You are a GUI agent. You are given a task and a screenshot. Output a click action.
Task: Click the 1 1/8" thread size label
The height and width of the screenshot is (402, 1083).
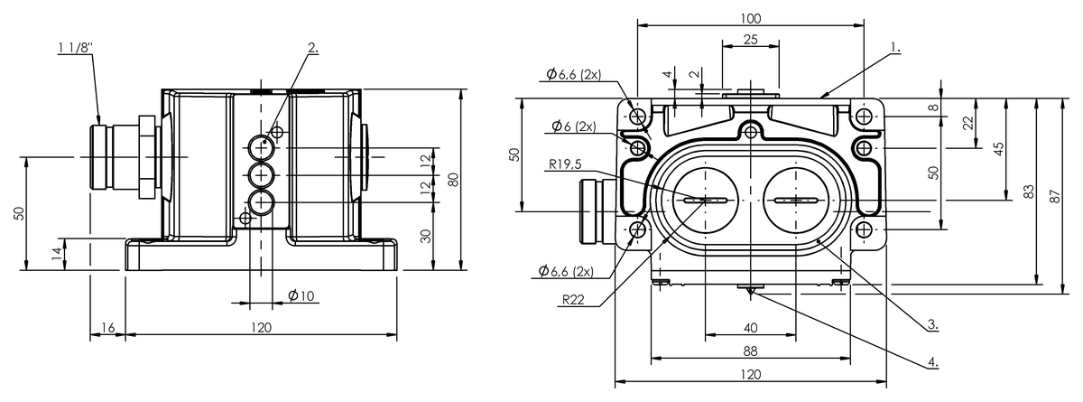(76, 47)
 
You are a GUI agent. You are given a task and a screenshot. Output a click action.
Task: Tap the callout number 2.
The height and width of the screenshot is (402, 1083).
(313, 47)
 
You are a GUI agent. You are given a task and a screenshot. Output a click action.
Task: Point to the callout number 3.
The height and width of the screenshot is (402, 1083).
(932, 323)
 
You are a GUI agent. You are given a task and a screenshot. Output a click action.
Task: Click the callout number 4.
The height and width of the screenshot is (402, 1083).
(932, 361)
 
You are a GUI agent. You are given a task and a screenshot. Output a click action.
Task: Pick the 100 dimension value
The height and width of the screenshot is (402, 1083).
(750, 18)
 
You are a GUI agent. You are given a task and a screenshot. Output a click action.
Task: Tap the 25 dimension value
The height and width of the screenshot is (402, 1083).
(750, 39)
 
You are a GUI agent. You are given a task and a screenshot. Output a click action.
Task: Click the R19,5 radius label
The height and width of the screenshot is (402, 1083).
(565, 164)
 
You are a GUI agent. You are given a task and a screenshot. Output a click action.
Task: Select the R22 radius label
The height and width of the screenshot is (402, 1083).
(573, 300)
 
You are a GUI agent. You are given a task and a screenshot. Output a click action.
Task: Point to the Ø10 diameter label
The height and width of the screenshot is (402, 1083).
(301, 295)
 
